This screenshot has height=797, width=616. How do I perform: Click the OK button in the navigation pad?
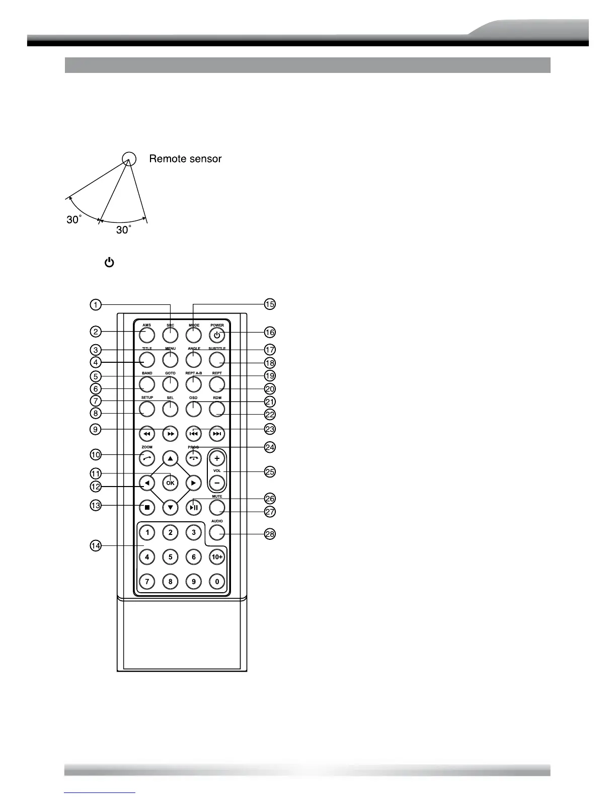coord(170,483)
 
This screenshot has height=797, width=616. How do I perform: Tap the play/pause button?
coord(194,507)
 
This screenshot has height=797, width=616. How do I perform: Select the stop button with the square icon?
coord(147,507)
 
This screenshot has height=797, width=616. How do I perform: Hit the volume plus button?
coord(217,458)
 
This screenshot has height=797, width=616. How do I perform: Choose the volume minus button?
coord(217,483)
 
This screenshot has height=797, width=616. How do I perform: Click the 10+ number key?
coord(217,557)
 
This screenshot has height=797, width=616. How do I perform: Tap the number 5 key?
coord(170,557)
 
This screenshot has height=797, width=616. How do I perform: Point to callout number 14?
coord(96,545)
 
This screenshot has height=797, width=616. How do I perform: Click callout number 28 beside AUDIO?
coord(270,534)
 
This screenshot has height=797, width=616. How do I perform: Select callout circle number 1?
coord(96,304)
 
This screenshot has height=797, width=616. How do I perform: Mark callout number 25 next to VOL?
coord(270,472)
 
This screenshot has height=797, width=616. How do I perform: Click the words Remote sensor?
coord(185,159)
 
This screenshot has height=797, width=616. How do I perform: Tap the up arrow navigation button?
coord(170,458)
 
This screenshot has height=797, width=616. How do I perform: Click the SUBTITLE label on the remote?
coord(217,349)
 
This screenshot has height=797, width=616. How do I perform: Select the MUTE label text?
coord(217,497)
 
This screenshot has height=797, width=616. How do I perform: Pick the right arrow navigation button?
coord(194,483)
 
